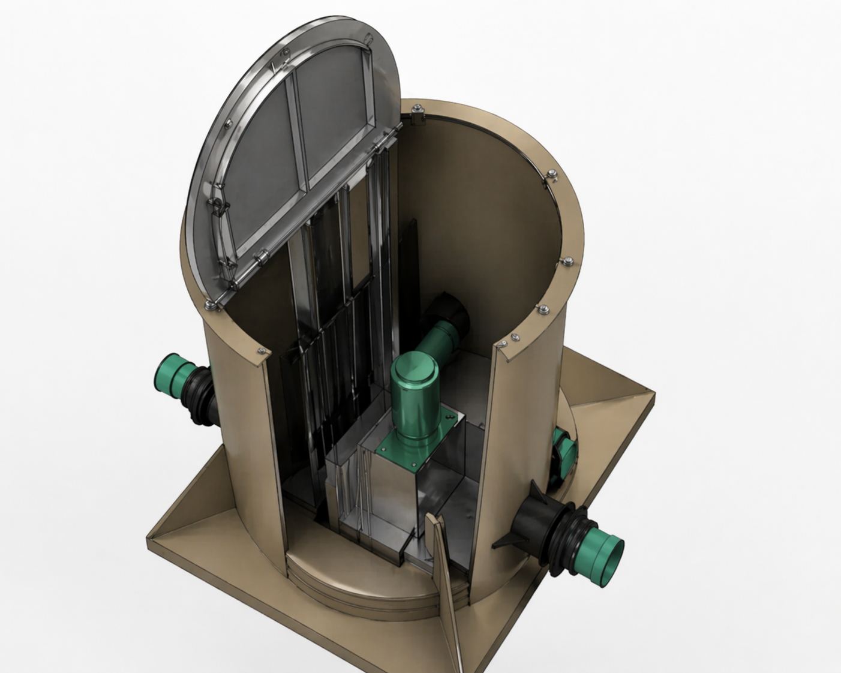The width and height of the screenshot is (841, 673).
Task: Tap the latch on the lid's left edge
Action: point(217,207)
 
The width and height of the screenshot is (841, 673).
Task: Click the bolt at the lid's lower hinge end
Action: point(209,305)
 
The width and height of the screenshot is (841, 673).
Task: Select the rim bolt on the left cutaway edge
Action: point(262,350)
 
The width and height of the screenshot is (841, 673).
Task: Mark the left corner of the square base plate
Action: point(150,537)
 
